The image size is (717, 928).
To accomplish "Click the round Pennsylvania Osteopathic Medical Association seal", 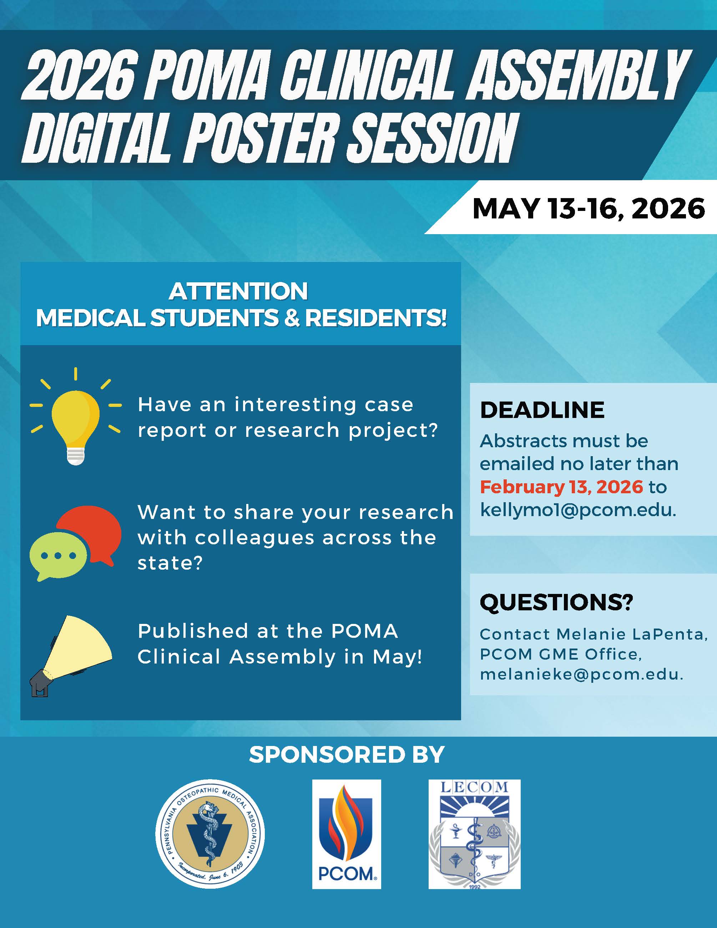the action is [x=210, y=834].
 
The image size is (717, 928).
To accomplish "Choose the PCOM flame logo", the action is [x=347, y=834].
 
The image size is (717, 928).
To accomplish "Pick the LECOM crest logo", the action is [x=474, y=834].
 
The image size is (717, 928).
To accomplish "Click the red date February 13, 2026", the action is [x=561, y=487].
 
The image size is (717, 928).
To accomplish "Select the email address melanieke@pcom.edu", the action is [x=581, y=674].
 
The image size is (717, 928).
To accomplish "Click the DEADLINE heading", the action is [x=542, y=410].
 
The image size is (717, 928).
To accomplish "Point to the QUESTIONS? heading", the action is [x=556, y=602].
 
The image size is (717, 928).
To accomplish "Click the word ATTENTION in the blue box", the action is [x=238, y=292].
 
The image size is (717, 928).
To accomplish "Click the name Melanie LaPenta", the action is [x=632, y=634].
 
